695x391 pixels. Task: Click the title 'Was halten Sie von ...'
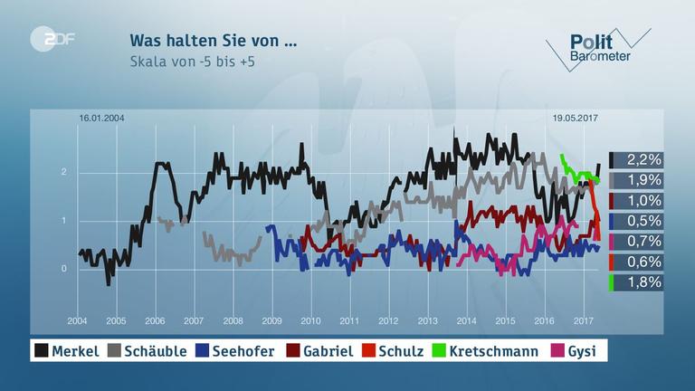[213, 41]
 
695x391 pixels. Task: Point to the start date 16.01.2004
[100, 119]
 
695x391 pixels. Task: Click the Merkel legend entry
[66, 350]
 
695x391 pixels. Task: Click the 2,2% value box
[638, 159]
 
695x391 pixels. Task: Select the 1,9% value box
[638, 180]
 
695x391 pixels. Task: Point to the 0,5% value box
[638, 221]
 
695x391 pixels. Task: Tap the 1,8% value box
[638, 282]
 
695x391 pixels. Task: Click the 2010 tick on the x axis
[310, 321]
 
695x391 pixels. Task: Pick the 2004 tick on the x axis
[77, 321]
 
